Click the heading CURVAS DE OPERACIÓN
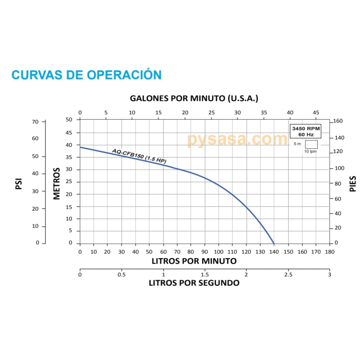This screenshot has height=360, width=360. coord(86,75)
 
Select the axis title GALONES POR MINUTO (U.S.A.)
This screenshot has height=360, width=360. coord(194,98)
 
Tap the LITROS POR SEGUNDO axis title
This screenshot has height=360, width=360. coord(194,283)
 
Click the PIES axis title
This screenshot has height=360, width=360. coord(353,184)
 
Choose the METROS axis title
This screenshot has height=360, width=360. coord(57,184)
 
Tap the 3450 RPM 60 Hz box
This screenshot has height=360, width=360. coord(306,131)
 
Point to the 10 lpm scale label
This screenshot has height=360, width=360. coord(310,152)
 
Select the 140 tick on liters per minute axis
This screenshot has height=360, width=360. coord(274,252)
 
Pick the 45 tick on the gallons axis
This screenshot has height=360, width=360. coord(316,112)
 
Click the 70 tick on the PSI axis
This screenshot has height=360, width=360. coord(35,121)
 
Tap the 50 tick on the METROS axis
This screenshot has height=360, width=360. coord(69,119)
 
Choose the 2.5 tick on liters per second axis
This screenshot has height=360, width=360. coord(288,274)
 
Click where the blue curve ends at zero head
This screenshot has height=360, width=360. coord(274,243)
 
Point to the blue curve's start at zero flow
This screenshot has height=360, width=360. coord(80,147)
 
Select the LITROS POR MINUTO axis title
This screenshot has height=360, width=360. coord(194,261)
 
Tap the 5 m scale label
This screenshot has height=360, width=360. coord(297,144)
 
